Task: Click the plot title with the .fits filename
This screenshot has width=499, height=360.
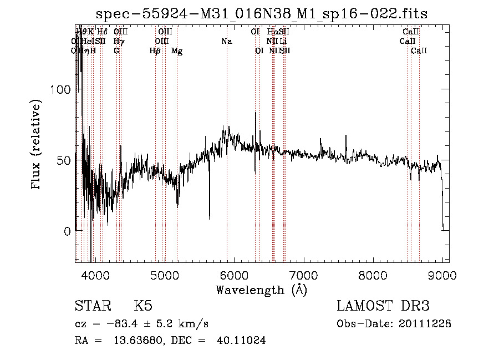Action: tap(262, 14)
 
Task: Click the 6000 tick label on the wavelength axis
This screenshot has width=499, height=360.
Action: tap(234, 275)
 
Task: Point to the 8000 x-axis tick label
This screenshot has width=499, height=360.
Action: tap(373, 275)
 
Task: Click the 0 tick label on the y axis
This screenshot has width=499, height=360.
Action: tap(67, 231)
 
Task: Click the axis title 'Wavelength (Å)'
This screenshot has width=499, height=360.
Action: tap(261, 290)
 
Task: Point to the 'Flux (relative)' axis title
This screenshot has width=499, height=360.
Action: tap(37, 145)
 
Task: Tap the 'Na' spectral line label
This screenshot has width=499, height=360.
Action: tap(226, 42)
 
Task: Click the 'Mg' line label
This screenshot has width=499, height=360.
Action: tap(177, 51)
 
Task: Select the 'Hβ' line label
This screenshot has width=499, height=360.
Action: tap(155, 51)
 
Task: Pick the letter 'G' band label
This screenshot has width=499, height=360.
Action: tap(116, 50)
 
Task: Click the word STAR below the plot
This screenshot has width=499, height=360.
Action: tap(91, 306)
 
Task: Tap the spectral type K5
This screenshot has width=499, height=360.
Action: tap(143, 306)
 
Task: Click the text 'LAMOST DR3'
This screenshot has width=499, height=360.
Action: tap(383, 306)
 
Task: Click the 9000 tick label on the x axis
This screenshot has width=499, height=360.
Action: tap(442, 275)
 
